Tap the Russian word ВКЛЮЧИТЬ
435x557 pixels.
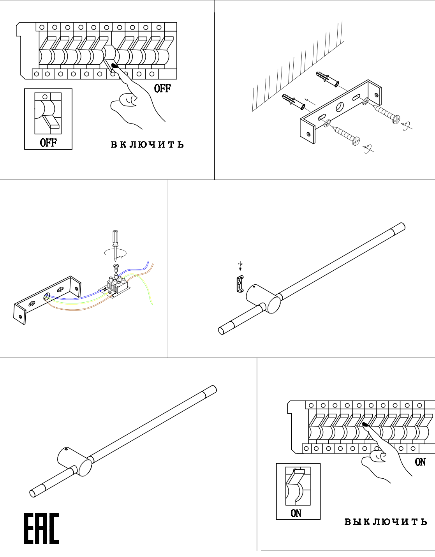pyautogui.click(x=147, y=145)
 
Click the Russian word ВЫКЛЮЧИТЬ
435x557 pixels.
pyautogui.click(x=386, y=522)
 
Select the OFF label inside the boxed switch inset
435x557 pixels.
pyautogui.click(x=48, y=143)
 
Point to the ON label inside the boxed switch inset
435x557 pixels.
pyautogui.click(x=296, y=513)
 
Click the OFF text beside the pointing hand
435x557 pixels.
pyautogui.click(x=162, y=88)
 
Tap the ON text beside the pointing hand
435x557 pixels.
pyautogui.click(x=420, y=462)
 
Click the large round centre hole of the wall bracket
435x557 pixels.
pyautogui.click(x=340, y=106)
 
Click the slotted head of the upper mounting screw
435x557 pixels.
pyautogui.click(x=396, y=119)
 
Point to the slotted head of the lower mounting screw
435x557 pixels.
pyautogui.click(x=356, y=141)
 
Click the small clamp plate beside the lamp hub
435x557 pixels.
pyautogui.click(x=240, y=284)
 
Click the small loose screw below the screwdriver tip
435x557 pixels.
pyautogui.click(x=115, y=267)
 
